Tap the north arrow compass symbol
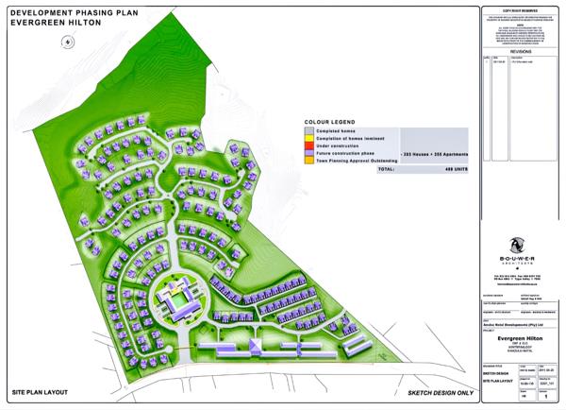[67, 42]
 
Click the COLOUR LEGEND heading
[329, 123]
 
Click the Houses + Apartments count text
[434, 151]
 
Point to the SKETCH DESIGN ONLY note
[438, 391]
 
